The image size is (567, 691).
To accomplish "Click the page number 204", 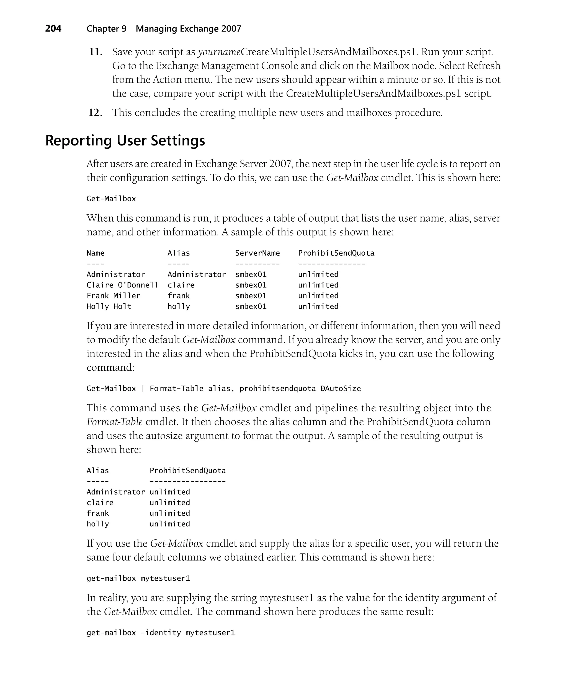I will pyautogui.click(x=53, y=29).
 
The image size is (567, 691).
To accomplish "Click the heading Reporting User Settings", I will pyautogui.click(x=125, y=141).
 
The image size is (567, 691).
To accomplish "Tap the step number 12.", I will pyautogui.click(x=95, y=113).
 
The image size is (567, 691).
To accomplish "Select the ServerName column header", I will pyautogui.click(x=257, y=253).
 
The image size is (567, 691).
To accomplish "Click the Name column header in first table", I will pyautogui.click(x=95, y=253).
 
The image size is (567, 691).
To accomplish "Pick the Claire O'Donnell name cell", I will pyautogui.click(x=122, y=285).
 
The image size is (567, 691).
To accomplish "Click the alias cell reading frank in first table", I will pyautogui.click(x=178, y=296).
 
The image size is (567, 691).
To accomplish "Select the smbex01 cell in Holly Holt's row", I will pyautogui.click(x=251, y=307).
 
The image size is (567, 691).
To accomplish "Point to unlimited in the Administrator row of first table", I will pyautogui.click(x=318, y=275).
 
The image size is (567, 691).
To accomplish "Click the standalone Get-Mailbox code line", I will pyautogui.click(x=111, y=199).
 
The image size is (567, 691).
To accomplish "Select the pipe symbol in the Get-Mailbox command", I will pyautogui.click(x=143, y=389).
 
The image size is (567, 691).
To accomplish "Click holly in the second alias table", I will pyautogui.click(x=98, y=524).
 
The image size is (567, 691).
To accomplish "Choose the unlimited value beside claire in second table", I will pyautogui.click(x=169, y=503).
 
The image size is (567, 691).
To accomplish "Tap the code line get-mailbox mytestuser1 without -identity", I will pyautogui.click(x=138, y=578).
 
